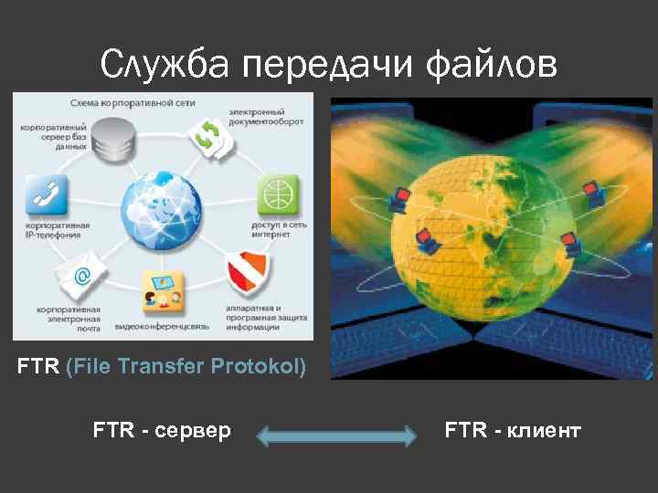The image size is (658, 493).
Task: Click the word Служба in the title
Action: point(165,65)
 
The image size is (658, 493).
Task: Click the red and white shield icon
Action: point(248,269)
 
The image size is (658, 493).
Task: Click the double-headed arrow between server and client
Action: point(336,436)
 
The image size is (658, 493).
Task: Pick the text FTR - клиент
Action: point(513,430)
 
